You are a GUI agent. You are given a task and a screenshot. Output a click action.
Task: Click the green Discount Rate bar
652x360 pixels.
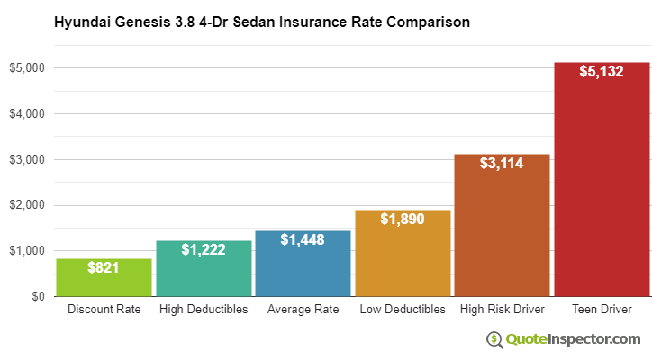(104, 281)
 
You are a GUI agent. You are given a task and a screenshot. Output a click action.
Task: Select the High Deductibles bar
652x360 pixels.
(204, 274)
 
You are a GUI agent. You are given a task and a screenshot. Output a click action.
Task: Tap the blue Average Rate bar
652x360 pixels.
(303, 270)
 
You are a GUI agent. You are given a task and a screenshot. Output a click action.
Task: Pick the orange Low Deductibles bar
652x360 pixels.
(403, 261)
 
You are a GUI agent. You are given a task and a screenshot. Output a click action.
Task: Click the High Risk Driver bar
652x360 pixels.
(502, 234)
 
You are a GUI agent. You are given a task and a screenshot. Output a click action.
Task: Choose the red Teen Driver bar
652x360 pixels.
(602, 189)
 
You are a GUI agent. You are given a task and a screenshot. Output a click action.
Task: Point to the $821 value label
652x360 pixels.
(104, 267)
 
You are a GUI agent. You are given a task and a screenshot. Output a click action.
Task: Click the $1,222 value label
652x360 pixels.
(204, 249)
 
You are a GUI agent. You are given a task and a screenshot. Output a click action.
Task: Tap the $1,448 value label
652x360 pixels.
(303, 239)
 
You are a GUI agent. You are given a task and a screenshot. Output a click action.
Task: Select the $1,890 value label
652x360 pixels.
(403, 219)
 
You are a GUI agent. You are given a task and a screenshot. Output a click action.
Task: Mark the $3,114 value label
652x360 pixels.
(502, 163)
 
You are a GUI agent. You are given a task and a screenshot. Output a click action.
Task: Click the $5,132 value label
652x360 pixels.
(602, 71)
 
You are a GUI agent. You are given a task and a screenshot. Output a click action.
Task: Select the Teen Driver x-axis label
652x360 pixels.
(602, 310)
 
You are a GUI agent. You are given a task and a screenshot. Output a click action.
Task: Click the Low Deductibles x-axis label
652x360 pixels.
(403, 310)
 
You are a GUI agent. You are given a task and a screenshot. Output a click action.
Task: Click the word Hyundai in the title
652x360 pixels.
(83, 20)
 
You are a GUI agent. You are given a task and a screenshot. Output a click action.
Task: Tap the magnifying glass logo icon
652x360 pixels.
(494, 339)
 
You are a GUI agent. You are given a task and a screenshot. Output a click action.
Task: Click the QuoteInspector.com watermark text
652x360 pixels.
(572, 339)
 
